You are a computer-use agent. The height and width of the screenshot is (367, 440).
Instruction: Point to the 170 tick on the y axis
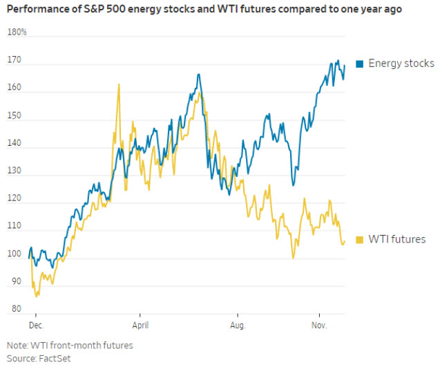coord(14,60)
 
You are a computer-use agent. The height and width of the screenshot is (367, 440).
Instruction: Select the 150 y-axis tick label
coord(14,117)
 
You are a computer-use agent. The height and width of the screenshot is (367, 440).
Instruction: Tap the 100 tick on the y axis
coord(14,259)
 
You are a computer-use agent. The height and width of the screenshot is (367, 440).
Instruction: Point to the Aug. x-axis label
coord(238,323)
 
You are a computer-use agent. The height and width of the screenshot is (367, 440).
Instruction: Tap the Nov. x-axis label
coord(318,323)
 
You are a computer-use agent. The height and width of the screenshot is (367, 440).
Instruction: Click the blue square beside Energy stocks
coord(360,64)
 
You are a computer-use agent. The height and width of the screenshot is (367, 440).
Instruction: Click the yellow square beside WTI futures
coord(360,240)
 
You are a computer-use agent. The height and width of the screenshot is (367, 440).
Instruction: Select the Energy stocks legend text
coord(401,64)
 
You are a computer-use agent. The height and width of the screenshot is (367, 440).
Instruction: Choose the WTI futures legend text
coord(396,239)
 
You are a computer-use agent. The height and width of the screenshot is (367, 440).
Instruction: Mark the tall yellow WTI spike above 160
coord(119,84)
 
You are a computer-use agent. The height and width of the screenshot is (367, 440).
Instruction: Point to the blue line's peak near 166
coord(198,75)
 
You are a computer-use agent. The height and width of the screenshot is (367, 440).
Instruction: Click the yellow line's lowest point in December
coord(37,296)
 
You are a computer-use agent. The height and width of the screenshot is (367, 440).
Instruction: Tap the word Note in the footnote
coord(17,345)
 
